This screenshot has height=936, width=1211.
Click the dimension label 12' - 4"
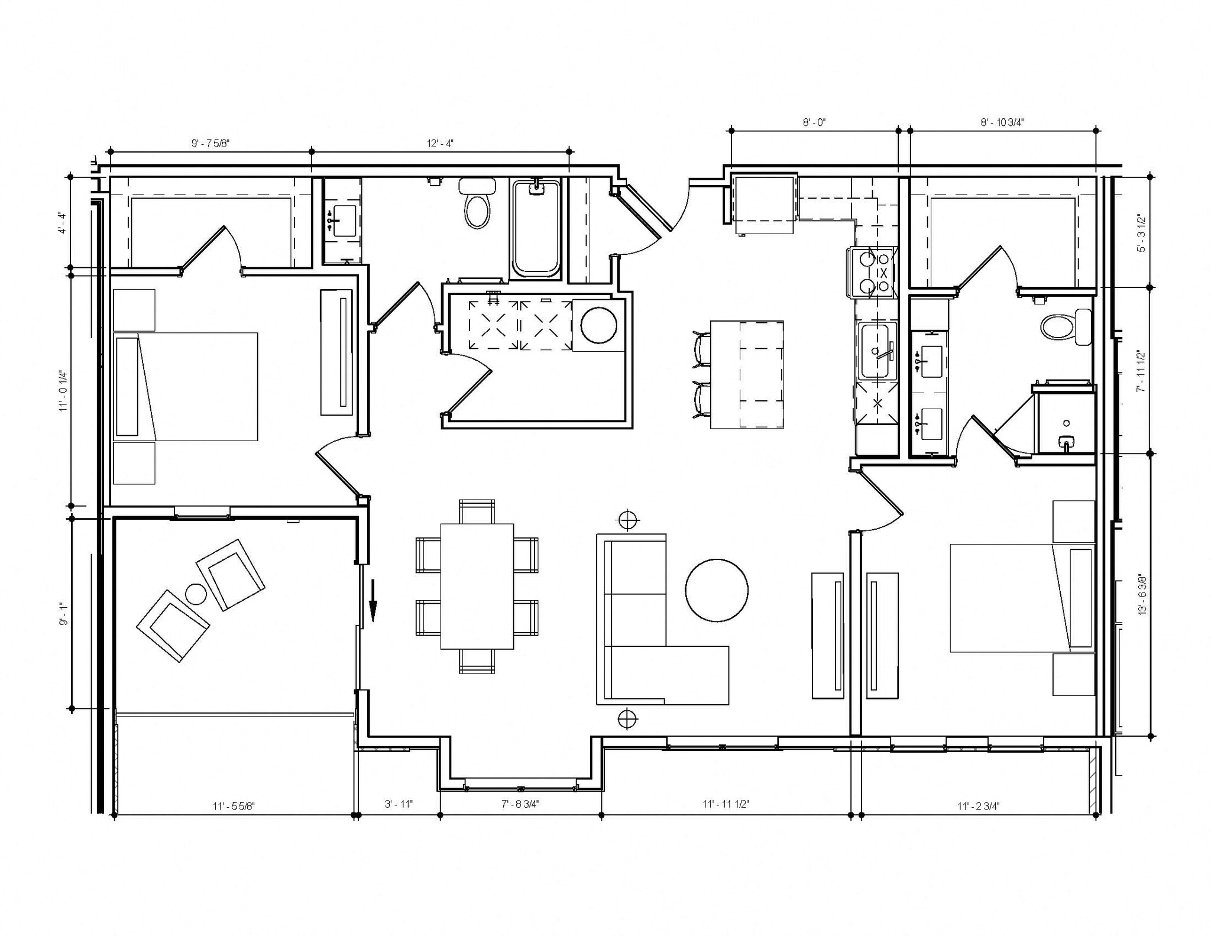coord(440,143)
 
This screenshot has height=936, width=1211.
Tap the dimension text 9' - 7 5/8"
coord(210,143)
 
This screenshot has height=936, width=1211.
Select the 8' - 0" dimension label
coord(814,122)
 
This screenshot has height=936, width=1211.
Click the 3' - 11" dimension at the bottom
coord(399,804)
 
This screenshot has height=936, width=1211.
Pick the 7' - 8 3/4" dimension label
coord(520,804)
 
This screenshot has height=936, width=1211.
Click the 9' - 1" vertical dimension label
coord(64,613)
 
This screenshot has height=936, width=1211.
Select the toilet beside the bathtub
coord(477,204)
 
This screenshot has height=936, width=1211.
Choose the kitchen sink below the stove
coord(878,351)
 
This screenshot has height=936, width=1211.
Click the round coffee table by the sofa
coord(716,590)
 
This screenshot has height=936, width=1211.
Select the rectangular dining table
coord(477,586)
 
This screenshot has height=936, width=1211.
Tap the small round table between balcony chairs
coord(196,594)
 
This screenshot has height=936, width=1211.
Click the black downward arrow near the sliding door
coord(373,602)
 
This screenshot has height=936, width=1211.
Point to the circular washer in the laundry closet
coord(598,325)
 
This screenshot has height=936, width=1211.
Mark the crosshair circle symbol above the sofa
coord(627,520)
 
